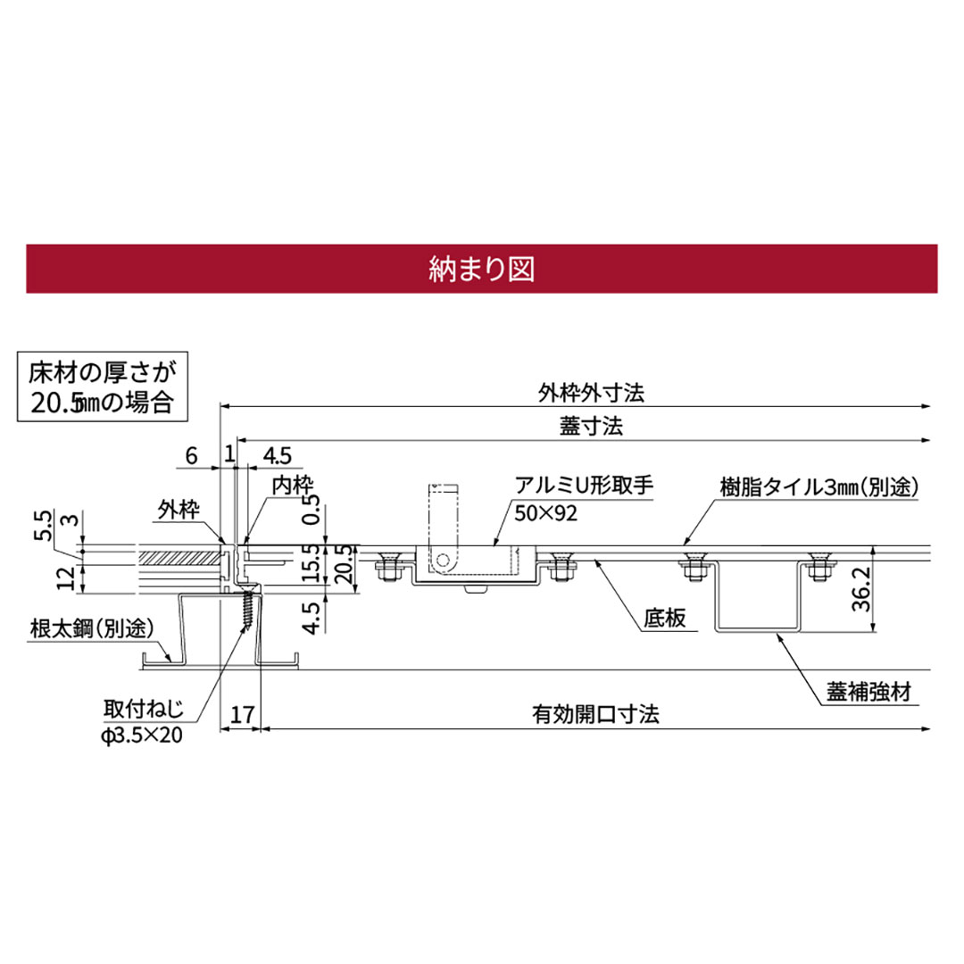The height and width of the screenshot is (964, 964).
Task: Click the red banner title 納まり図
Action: click(x=481, y=269)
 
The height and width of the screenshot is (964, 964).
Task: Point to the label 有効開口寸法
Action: click(x=595, y=715)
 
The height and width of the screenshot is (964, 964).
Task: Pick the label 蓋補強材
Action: click(x=868, y=692)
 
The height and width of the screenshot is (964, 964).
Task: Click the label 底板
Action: click(x=666, y=618)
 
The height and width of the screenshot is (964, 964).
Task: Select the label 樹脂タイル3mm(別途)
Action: click(x=819, y=486)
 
